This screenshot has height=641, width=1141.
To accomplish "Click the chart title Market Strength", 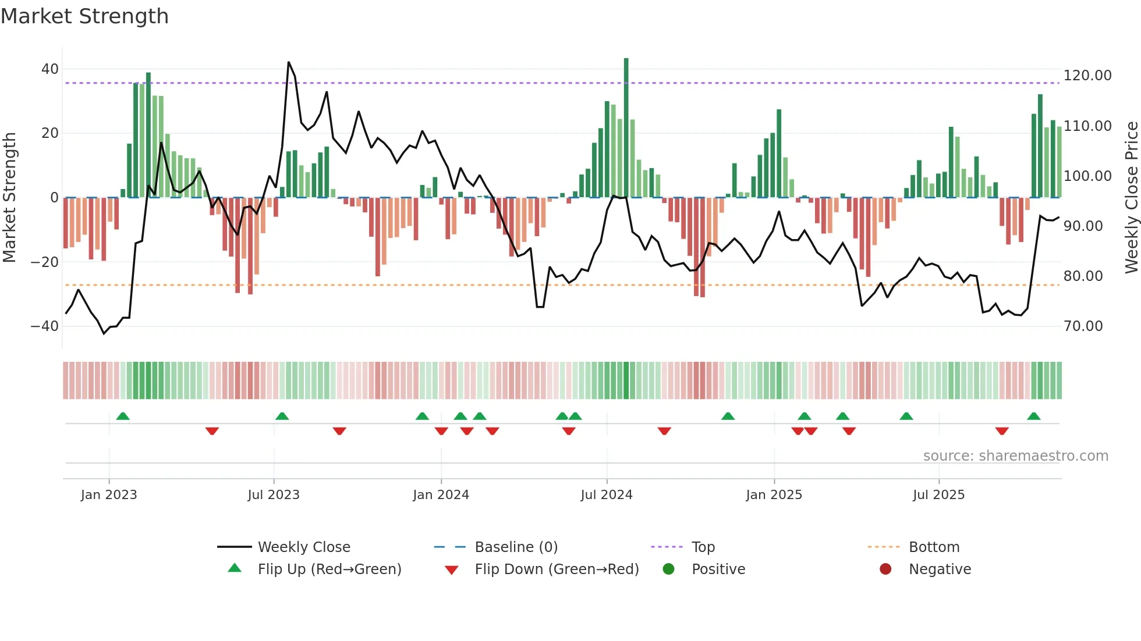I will point(84,16).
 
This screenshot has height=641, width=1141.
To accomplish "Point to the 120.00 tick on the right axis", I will point(1087,76).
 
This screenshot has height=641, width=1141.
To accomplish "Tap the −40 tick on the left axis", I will point(44,326).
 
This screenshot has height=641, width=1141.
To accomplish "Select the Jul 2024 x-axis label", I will point(606,495).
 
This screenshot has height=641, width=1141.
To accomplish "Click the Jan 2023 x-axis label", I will point(109,495).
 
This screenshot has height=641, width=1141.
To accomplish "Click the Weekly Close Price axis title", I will point(1131,197).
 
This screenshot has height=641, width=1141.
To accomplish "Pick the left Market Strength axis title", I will point(9,197).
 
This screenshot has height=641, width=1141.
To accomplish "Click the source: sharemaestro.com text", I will point(1015,456).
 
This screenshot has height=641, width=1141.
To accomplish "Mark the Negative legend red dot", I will point(885,569).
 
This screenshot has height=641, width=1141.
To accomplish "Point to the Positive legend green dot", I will point(668,569).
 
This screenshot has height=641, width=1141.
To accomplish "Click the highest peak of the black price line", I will point(289,62).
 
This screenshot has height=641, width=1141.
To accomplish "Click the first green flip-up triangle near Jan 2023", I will point(123,416).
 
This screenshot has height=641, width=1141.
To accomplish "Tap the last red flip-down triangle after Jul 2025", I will point(1002,431).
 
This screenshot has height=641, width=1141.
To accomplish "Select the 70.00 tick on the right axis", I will point(1083,326).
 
